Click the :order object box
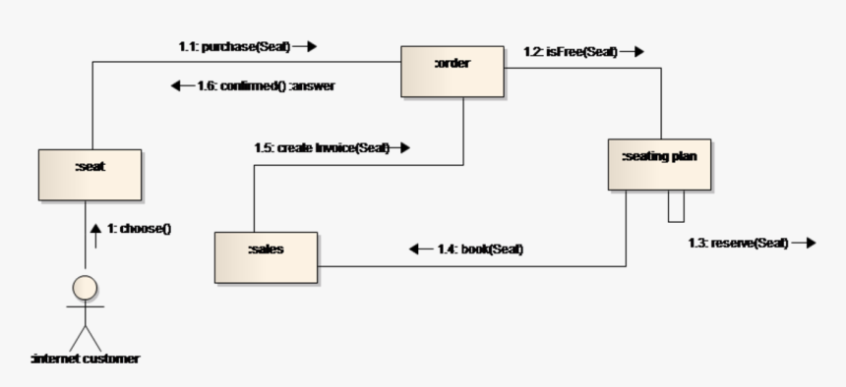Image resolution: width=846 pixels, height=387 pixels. pos(452,71)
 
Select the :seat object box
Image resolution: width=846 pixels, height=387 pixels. pos(90,174)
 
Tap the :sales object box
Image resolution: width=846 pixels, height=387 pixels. pos(266,256)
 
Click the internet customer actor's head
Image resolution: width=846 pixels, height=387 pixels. pos(86,287)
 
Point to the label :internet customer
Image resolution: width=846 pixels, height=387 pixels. pos(86,359)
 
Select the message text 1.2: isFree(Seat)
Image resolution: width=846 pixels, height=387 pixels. pos(569,51)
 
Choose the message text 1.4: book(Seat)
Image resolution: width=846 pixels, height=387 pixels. pos(480,249)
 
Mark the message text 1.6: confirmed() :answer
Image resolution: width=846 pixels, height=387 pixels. pos(267,85)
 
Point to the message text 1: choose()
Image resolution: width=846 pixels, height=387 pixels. pos(140,229)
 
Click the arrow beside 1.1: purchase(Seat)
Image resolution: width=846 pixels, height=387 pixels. pos(305,46)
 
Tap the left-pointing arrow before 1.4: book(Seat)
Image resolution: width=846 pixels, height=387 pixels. pos(420,249)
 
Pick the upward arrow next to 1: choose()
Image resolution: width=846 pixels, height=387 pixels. pos(95,231)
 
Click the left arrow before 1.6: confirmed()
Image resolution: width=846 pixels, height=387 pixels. pos(182,85)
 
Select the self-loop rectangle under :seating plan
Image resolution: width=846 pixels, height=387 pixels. pos(676,205)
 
